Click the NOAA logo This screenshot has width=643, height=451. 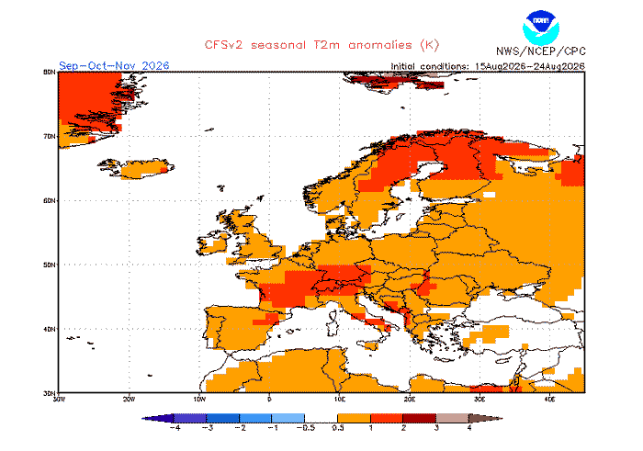click(541, 28)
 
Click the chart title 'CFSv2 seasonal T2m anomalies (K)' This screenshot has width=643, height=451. click(321, 45)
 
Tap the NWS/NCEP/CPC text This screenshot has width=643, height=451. click(541, 51)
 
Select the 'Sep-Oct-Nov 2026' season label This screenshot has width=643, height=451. click(114, 65)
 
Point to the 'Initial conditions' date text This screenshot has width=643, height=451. click(488, 66)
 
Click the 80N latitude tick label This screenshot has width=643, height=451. click(50, 73)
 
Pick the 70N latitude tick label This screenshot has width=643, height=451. click(50, 136)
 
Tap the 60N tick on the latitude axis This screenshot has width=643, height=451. click(50, 200)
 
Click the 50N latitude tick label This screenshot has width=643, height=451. click(50, 265)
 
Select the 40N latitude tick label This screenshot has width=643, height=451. click(50, 329)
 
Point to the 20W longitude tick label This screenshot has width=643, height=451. click(130, 399)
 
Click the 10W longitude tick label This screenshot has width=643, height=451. click(199, 399)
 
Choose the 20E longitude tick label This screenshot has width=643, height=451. click(410, 399)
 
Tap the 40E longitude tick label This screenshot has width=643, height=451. click(549, 399)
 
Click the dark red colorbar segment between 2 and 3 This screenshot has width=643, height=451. click(420, 418)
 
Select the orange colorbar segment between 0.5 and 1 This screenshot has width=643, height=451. click(354, 418)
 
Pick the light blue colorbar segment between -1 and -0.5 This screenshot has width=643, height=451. click(288, 418)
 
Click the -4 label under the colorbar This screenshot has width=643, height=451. click(175, 428)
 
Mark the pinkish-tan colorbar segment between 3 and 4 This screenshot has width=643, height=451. click(452, 418)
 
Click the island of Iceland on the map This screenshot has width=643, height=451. click(138, 168)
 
